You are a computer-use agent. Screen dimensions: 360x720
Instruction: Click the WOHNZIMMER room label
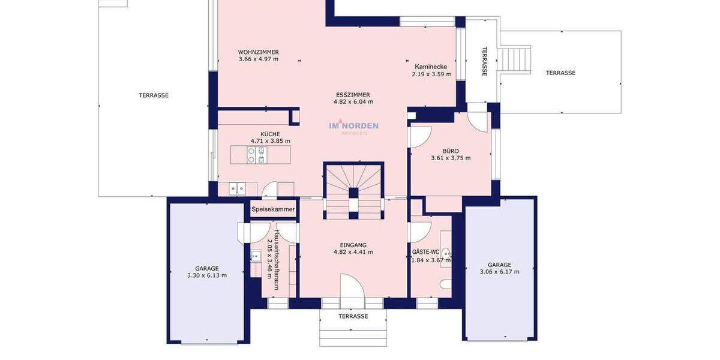click(x=258, y=52)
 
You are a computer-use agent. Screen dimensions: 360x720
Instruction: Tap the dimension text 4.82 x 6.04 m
click(x=353, y=102)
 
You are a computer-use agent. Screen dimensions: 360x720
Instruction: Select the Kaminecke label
click(x=430, y=67)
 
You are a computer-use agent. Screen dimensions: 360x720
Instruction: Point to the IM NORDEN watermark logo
click(x=353, y=126)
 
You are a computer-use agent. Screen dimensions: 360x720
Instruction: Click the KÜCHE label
click(x=270, y=134)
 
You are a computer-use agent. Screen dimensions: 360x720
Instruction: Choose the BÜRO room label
click(x=451, y=151)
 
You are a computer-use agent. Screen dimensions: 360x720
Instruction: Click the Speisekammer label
click(x=273, y=209)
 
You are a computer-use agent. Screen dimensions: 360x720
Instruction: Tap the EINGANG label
click(x=353, y=245)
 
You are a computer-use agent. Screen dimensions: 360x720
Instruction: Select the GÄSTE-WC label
click(x=425, y=252)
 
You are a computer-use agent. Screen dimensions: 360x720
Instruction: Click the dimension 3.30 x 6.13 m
click(x=206, y=275)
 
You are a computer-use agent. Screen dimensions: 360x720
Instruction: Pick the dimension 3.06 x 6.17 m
click(x=499, y=272)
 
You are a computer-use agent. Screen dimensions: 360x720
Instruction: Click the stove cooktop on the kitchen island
click(x=256, y=155)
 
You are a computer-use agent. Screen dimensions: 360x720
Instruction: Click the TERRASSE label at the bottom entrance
click(x=353, y=316)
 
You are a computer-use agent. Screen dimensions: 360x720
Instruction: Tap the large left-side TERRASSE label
click(x=154, y=95)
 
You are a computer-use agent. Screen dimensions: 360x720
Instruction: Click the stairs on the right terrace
click(x=515, y=60)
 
